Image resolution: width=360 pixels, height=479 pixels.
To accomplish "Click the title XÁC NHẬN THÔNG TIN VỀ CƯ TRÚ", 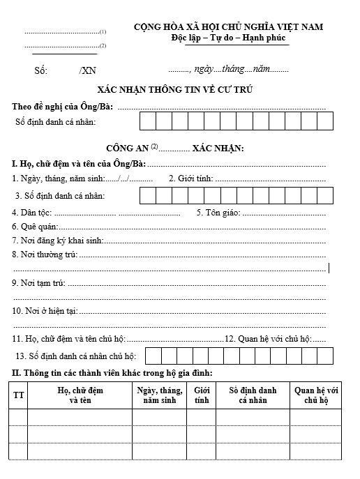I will (175, 91).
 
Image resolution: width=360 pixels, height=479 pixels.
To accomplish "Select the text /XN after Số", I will (88, 70).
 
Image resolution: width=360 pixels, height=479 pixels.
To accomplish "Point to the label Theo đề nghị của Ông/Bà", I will (63, 106).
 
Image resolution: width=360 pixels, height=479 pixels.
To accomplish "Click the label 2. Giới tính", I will (190, 178).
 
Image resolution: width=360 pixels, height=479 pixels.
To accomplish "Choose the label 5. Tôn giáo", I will (218, 212).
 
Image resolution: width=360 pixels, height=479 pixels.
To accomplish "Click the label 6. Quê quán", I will (35, 226).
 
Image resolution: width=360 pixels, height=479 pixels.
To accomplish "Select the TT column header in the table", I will (19, 395).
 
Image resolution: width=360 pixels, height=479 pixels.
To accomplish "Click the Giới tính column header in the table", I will (202, 395).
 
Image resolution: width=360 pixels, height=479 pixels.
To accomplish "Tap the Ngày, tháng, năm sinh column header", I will (159, 395).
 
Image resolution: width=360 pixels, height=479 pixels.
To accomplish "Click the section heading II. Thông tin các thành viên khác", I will (112, 373).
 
